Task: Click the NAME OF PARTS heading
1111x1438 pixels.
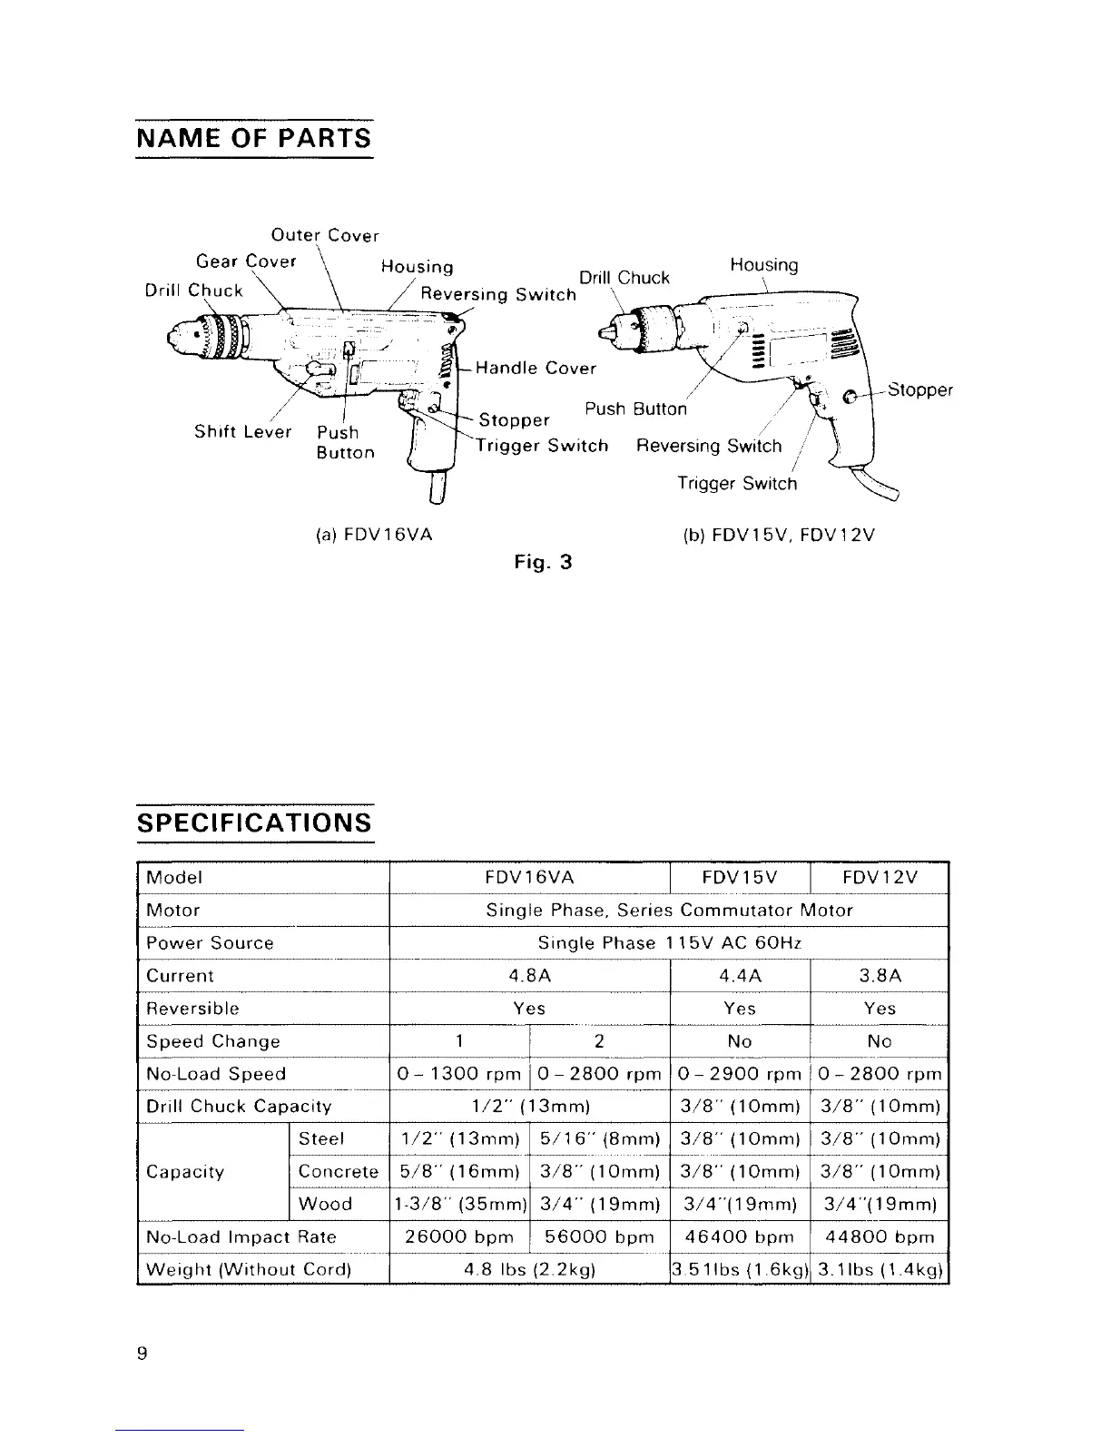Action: click(253, 139)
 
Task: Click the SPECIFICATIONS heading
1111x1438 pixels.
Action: click(253, 823)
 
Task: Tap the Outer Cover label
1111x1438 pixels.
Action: click(325, 236)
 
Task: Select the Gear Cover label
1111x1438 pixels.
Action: click(246, 261)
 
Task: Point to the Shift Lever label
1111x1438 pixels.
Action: click(242, 432)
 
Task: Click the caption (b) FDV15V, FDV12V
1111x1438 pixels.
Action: click(778, 535)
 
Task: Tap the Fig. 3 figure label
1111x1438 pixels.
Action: click(543, 562)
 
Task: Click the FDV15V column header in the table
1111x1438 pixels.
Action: click(739, 878)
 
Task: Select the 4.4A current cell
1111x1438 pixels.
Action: click(739, 976)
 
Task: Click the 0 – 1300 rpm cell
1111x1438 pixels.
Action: click(458, 1074)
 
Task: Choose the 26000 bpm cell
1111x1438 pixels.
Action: click(458, 1236)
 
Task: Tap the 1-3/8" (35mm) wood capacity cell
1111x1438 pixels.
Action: click(458, 1205)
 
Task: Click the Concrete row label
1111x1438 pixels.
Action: click(338, 1172)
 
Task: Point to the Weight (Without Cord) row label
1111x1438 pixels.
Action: click(248, 1269)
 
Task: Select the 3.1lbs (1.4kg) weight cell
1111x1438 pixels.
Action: click(879, 1269)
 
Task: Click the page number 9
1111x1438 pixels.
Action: click(142, 1354)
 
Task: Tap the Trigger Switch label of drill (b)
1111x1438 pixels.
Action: click(736, 484)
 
